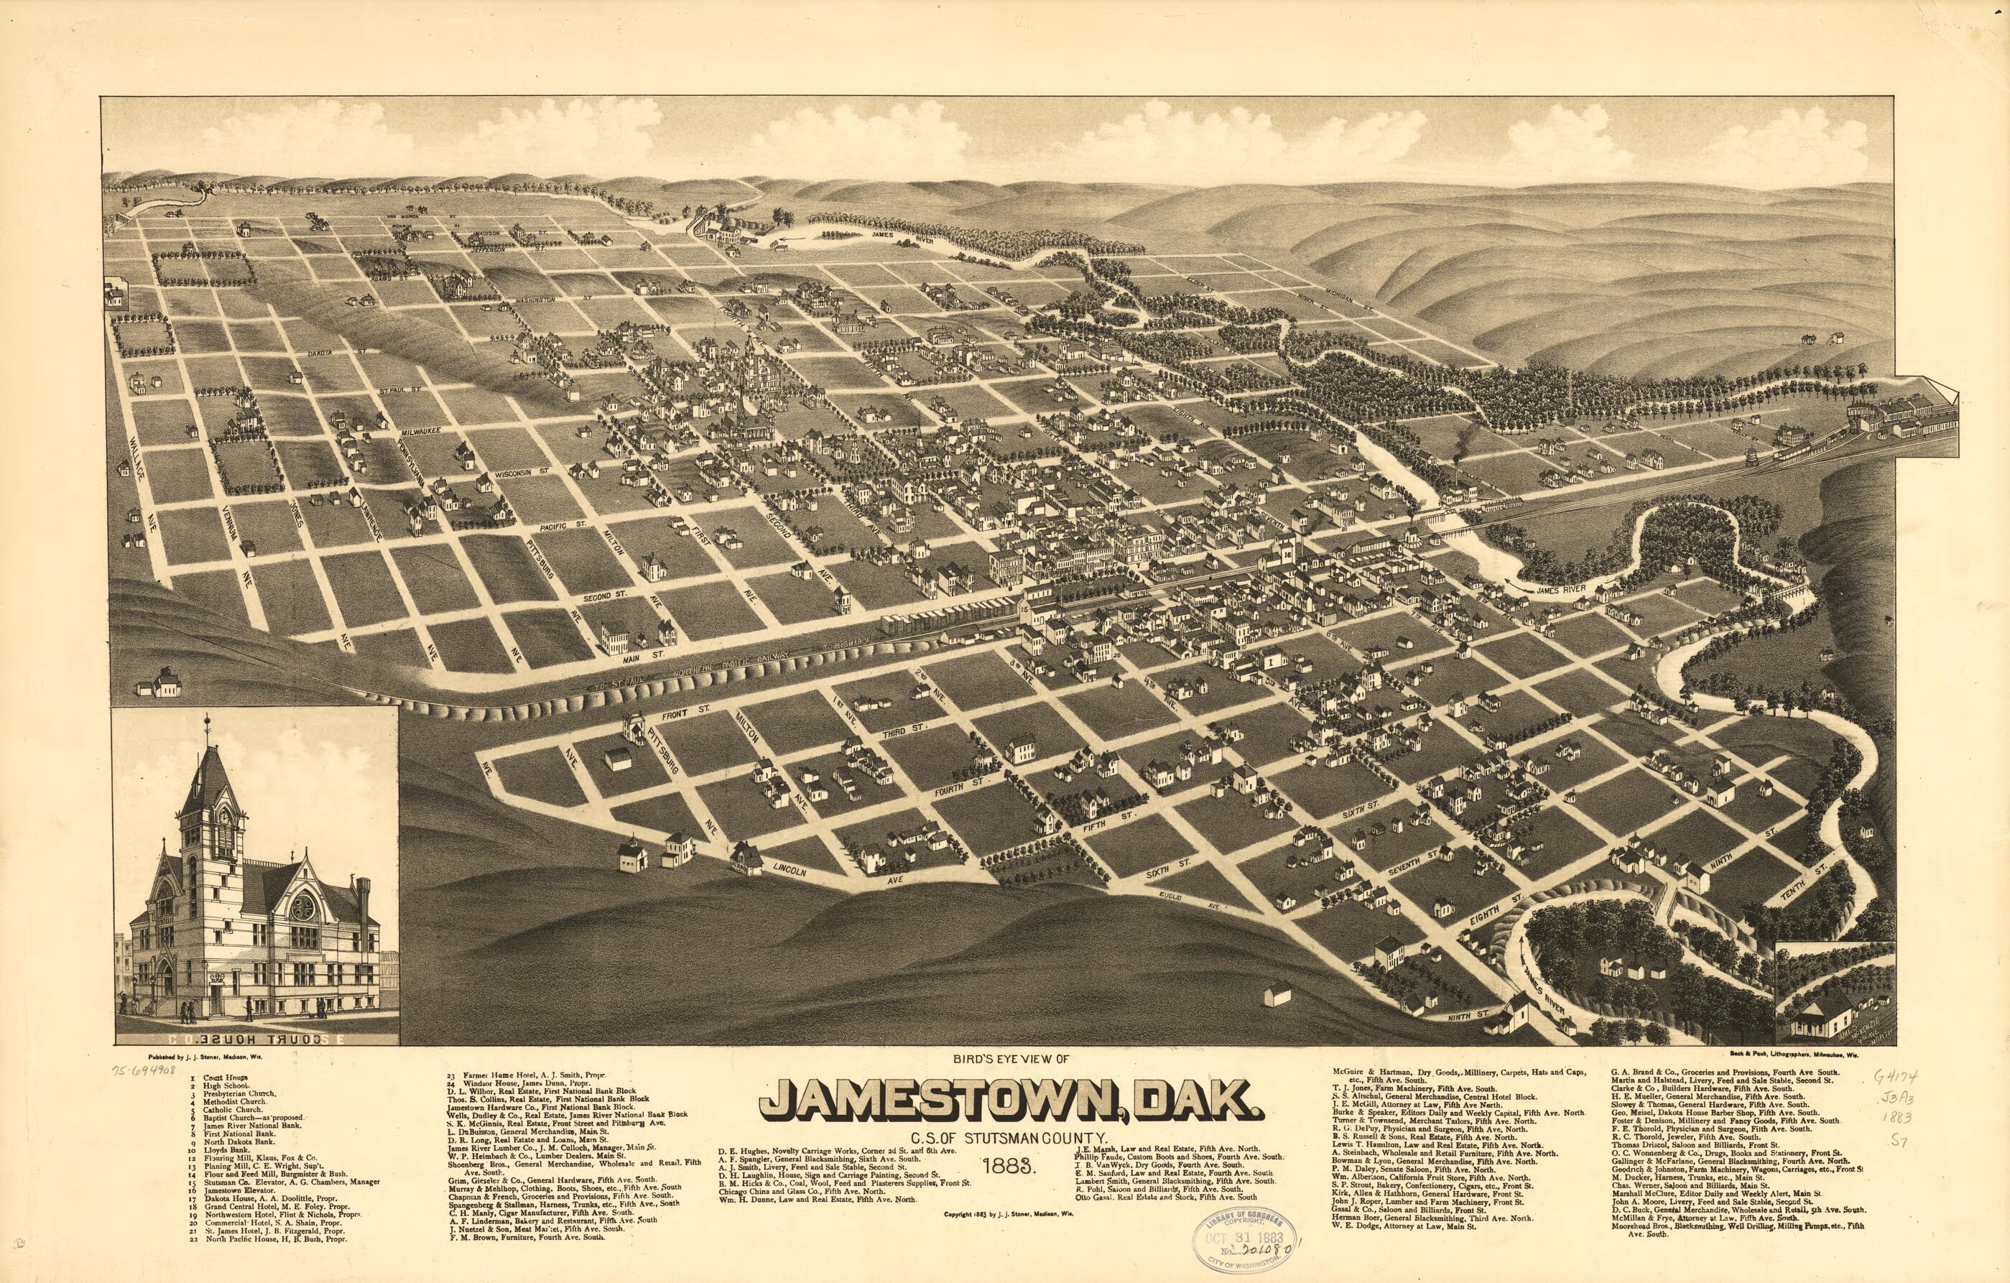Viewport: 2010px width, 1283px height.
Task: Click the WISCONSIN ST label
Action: coord(521,473)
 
